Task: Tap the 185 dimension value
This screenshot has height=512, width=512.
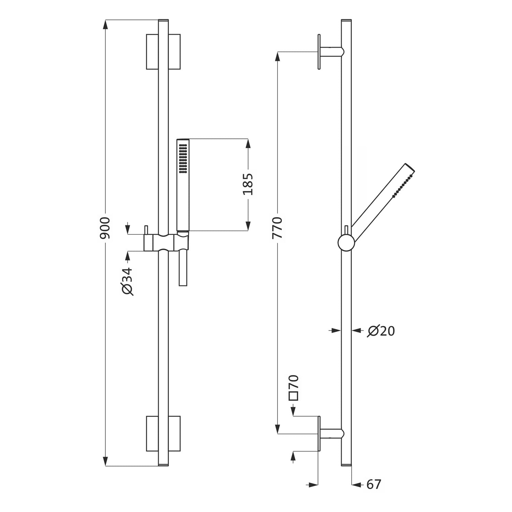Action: (x=248, y=184)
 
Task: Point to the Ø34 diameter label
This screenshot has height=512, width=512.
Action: (x=127, y=281)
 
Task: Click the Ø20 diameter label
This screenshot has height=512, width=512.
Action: (x=381, y=331)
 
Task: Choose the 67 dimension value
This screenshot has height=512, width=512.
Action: (x=374, y=484)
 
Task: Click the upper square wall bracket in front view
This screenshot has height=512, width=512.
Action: (x=163, y=52)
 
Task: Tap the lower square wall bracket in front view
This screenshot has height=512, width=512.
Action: (x=163, y=433)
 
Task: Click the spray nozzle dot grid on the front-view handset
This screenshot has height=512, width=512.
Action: (x=183, y=158)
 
